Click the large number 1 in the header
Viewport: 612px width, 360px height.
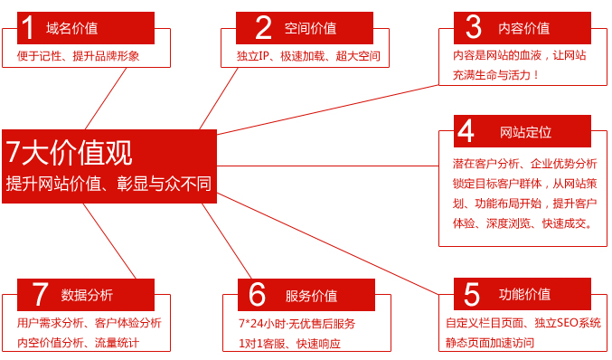(27, 28)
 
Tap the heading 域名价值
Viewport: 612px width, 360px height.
(71, 28)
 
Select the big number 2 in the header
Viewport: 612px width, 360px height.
(263, 28)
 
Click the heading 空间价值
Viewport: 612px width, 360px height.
(310, 28)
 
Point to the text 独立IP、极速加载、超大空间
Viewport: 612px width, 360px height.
(308, 56)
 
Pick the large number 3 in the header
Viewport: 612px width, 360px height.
(473, 27)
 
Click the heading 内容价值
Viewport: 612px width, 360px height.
(523, 28)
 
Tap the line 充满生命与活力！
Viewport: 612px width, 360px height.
(495, 74)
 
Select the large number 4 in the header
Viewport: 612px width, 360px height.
(466, 131)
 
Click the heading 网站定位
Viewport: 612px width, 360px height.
(526, 132)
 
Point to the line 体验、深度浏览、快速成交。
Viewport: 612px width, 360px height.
(523, 223)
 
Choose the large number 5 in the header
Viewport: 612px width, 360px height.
(472, 295)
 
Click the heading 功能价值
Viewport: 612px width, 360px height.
(524, 294)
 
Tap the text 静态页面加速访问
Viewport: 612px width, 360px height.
(490, 343)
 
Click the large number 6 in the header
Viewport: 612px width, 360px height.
(257, 294)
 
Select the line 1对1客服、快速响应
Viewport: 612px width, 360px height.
(289, 344)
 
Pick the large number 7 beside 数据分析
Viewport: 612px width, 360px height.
(40, 294)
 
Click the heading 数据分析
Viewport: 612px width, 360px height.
(87, 295)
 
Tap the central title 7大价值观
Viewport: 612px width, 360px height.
(69, 152)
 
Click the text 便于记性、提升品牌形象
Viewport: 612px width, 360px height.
(78, 56)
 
